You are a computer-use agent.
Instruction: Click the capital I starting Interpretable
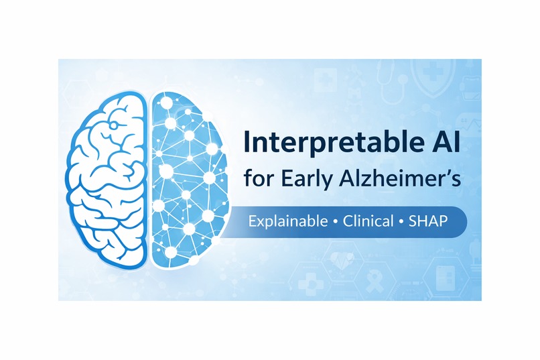(x=247, y=144)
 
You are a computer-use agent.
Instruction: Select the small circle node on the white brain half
(x=115, y=125)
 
